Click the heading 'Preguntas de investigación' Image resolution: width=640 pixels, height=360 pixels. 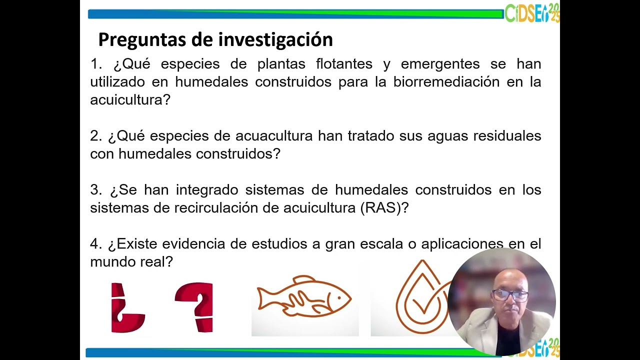[215, 39]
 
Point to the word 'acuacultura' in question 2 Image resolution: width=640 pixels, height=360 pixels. [274, 136]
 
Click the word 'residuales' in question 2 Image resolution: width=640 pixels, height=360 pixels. [508, 136]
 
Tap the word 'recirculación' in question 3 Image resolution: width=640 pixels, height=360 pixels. [215, 208]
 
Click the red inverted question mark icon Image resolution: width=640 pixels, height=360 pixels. [126, 307]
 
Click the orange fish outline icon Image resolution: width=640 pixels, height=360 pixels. [304, 297]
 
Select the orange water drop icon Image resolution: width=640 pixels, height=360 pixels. [417, 297]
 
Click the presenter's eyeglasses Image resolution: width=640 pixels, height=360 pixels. [510, 295]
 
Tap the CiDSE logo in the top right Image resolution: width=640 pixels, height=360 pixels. [532, 13]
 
